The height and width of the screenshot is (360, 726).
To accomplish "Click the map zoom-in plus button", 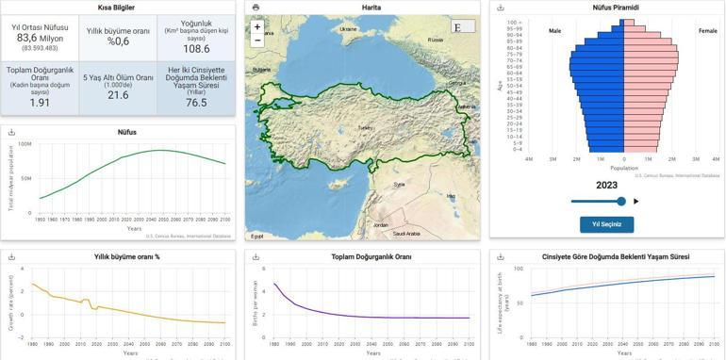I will point(257,27).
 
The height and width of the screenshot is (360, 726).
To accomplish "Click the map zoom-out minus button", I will point(257,41).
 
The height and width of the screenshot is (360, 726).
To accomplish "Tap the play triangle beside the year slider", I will point(636,201).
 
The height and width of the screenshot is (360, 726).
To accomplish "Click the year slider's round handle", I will point(620,201).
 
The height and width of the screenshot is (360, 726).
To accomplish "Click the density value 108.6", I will point(196,49).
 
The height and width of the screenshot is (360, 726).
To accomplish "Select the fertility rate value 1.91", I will point(40,103).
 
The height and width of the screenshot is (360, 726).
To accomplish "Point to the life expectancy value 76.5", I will point(196,103).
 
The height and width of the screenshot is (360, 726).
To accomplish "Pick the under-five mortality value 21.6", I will point(118,95).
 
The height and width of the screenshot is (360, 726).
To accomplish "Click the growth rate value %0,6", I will point(118,41).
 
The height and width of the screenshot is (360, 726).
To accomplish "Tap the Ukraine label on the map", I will point(348,28).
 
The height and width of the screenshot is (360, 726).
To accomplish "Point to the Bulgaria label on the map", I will point(261,68).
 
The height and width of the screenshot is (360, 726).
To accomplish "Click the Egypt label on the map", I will point(257,236).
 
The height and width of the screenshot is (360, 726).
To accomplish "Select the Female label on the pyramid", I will point(707,31).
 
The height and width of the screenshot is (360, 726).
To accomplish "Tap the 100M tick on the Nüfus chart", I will point(25,144).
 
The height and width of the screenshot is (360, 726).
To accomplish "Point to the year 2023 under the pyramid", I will point(606,186).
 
